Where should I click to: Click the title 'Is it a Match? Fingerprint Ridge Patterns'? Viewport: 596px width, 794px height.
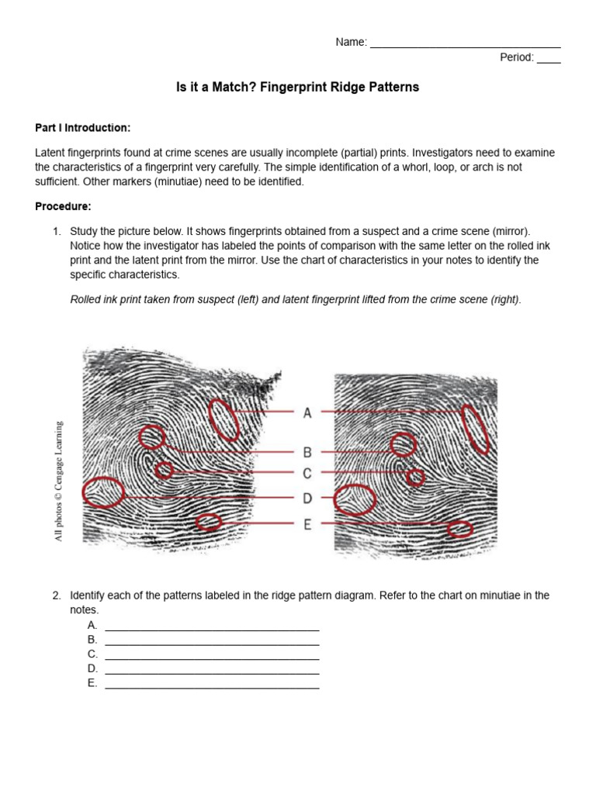tap(298, 88)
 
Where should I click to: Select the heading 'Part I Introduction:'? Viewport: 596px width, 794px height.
tap(83, 127)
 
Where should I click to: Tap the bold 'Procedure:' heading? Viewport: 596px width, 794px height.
tap(64, 206)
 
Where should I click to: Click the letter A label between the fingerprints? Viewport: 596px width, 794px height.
tap(307, 413)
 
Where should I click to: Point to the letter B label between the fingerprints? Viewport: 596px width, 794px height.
tap(307, 452)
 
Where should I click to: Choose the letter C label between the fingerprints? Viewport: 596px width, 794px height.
tap(307, 474)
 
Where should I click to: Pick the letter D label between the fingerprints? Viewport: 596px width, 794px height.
tap(307, 498)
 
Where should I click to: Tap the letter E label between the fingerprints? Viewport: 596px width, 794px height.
tap(307, 525)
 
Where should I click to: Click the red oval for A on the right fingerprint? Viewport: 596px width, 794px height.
tap(475, 429)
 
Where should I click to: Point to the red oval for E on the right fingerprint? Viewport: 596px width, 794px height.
tap(459, 529)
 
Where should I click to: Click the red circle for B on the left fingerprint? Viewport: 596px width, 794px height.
tap(153, 437)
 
